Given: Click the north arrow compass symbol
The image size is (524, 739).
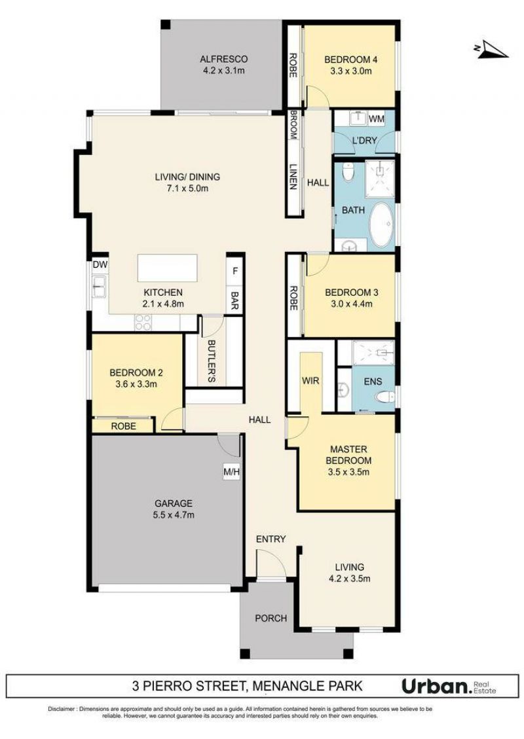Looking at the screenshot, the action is [x=491, y=50].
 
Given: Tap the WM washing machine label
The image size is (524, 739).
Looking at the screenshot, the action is [x=377, y=118].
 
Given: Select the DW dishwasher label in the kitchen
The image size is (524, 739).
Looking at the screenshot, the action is [x=100, y=265].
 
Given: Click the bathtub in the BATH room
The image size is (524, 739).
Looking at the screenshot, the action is [x=381, y=225].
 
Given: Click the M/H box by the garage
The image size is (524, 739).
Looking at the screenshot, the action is [x=232, y=471].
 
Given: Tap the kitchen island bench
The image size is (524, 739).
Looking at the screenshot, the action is [x=168, y=268].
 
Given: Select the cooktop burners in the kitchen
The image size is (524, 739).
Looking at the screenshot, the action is [x=143, y=322].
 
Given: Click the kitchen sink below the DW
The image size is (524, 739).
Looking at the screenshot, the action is [x=100, y=287].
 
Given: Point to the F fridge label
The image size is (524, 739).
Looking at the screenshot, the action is [x=235, y=272].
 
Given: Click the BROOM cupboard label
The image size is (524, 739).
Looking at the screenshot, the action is [x=293, y=125].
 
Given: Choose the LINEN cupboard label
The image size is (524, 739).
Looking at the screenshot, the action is [x=293, y=177].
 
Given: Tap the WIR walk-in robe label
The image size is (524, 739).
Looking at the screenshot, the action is [x=310, y=381].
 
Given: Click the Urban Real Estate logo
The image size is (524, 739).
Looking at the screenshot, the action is [x=449, y=686].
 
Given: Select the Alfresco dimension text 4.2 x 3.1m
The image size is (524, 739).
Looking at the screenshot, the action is [x=223, y=71].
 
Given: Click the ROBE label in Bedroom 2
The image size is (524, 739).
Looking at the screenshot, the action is [x=124, y=426].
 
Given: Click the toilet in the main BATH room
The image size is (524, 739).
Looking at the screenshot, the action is [x=348, y=172].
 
